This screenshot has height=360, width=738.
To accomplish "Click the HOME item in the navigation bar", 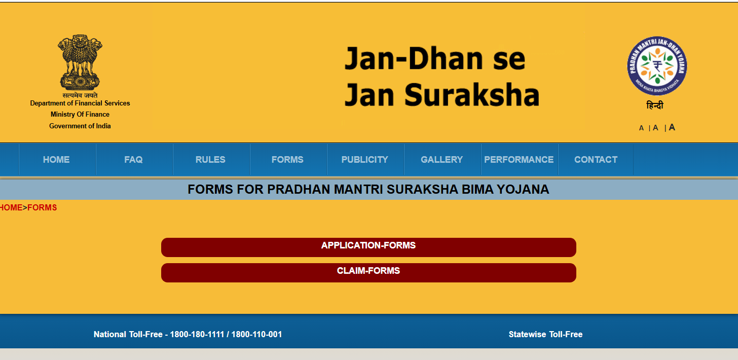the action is (56, 160).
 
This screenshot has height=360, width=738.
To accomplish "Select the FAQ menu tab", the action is (133, 160).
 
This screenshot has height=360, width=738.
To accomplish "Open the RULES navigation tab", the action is (210, 160).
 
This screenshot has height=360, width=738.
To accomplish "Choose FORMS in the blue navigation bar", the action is (287, 160).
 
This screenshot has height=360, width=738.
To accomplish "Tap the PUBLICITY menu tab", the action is (365, 160).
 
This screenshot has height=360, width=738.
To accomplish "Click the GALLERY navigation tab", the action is (442, 160).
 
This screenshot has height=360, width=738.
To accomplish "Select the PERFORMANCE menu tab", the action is (519, 160).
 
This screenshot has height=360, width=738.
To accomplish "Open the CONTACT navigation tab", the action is (596, 160).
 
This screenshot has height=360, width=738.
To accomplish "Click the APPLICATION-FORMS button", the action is (368, 247).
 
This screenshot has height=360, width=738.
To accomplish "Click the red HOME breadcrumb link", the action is (11, 208).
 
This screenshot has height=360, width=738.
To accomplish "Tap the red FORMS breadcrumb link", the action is (42, 208).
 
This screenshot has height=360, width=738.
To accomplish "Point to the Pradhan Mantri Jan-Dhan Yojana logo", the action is (657, 66).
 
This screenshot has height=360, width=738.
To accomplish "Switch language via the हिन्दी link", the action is (655, 105).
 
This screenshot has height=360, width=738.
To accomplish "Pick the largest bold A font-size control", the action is (672, 127).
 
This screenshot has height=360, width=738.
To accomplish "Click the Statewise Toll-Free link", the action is (545, 334).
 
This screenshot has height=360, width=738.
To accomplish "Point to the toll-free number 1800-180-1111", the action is (197, 334).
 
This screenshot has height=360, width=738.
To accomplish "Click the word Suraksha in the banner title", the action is (472, 95).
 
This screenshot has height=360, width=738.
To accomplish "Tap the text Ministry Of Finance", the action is (80, 115).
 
